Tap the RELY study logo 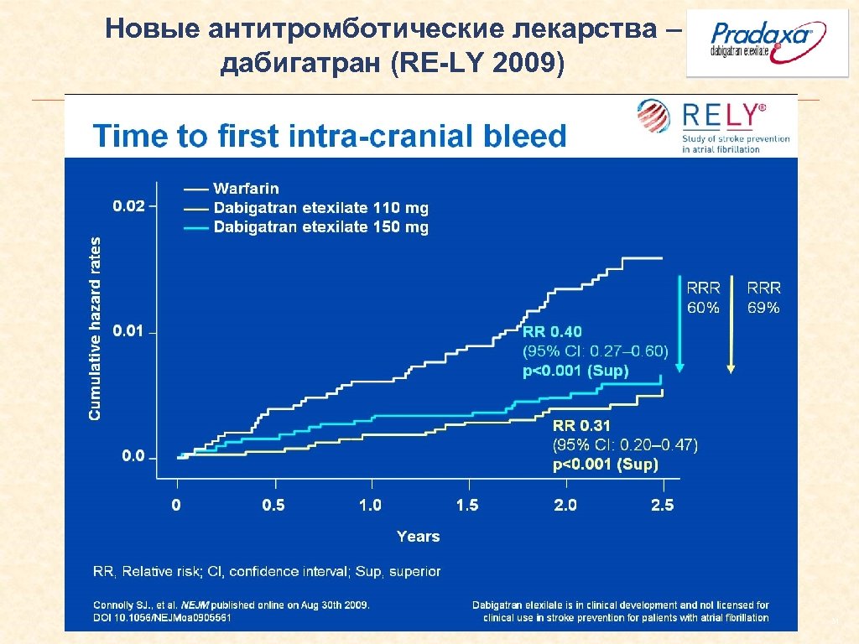point(714,126)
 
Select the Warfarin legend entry point(246,189)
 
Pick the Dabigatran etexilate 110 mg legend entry point(320,208)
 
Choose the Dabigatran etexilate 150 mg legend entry point(320,227)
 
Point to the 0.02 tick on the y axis point(128,205)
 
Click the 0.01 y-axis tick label point(128,331)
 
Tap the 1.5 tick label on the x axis point(467,505)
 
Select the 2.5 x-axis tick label point(662,505)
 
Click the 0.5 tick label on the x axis point(273,505)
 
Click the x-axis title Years point(418,536)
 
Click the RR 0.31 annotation point(580,426)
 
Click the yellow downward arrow point(732,323)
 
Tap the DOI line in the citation point(162,618)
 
